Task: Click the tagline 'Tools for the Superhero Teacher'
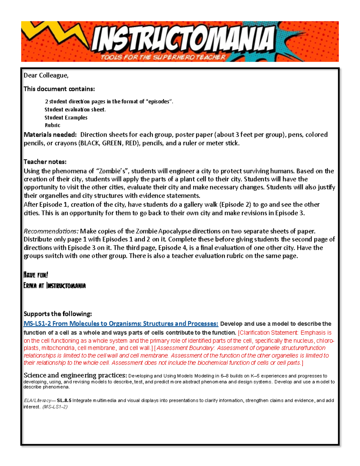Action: pos(163,57)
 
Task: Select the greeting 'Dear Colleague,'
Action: pos(46,76)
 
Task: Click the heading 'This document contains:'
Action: pos(59,89)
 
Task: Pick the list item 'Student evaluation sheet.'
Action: pos(75,110)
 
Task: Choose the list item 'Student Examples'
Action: pos(66,118)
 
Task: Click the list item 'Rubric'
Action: pos(52,125)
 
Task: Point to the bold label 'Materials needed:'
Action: pos(50,134)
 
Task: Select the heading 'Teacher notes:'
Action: pos(45,162)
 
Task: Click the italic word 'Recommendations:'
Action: pos(51,231)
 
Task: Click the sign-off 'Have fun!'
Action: pos(36,275)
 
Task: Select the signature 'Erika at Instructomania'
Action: pos(55,285)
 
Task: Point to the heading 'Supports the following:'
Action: pos(58,314)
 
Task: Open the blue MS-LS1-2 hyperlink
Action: pos(121,323)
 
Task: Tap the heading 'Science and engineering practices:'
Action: pos(75,375)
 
